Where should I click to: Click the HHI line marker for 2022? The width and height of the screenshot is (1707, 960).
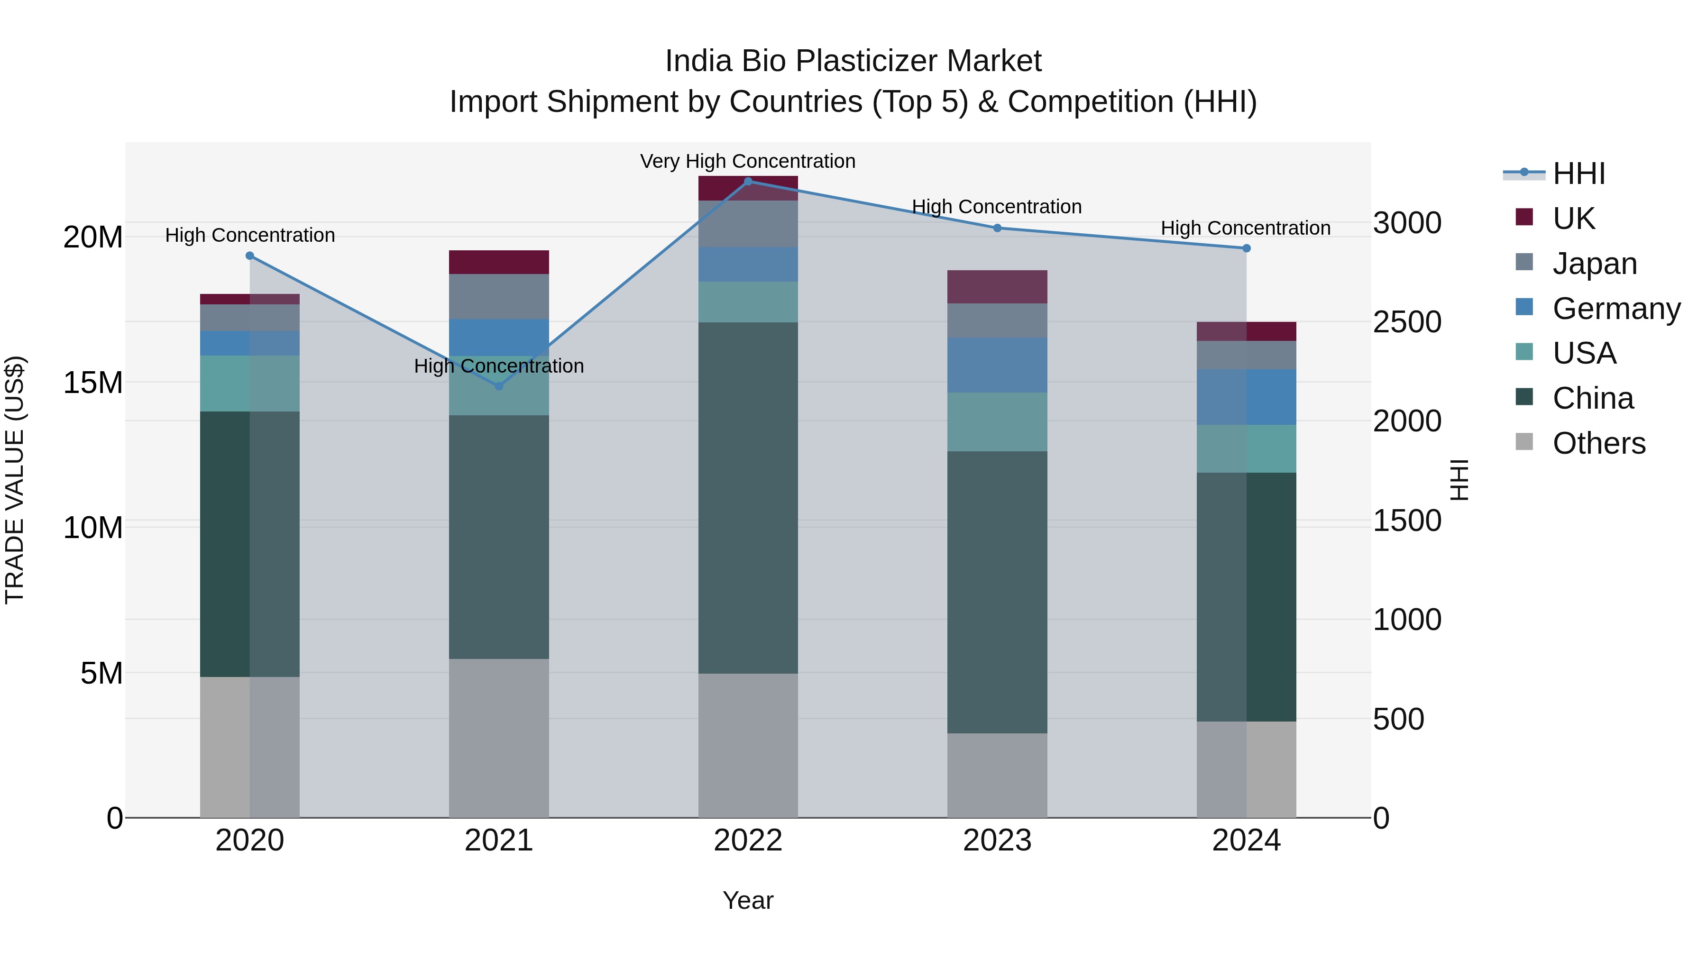click(x=748, y=181)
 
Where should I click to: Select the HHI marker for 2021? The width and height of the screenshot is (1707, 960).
click(x=499, y=386)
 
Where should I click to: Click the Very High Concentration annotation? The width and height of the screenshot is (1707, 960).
click(x=747, y=161)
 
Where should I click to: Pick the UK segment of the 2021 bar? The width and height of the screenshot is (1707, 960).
click(x=499, y=262)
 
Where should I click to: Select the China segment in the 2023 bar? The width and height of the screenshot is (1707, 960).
click(x=997, y=592)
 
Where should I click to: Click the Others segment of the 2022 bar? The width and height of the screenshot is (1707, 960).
click(x=748, y=745)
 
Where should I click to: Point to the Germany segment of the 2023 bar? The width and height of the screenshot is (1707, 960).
click(x=997, y=365)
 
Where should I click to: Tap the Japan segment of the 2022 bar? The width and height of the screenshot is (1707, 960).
click(x=748, y=224)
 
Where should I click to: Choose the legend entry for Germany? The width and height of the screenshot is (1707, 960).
click(x=1615, y=309)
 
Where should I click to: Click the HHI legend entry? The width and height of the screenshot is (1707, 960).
click(x=1579, y=174)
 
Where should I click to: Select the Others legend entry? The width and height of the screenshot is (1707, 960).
click(x=1598, y=443)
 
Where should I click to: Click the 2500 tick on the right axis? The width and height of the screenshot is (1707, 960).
click(x=1407, y=322)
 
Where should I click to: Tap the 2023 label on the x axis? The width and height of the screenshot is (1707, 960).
click(x=997, y=841)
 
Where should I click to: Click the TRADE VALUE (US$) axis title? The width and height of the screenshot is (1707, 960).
click(x=15, y=480)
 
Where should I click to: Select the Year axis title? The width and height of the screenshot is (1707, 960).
click(x=748, y=900)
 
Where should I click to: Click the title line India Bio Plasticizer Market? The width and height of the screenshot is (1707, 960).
click(x=853, y=61)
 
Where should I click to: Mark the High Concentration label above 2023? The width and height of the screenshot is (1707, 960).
click(x=997, y=207)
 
